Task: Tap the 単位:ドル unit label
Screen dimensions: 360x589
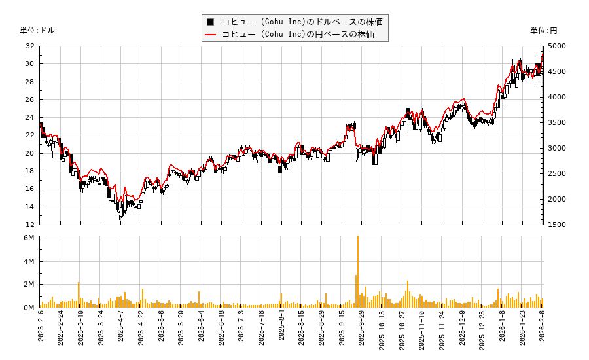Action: [37, 31]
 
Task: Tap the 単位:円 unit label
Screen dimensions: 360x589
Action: [543, 31]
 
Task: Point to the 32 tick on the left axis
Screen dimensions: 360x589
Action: [30, 46]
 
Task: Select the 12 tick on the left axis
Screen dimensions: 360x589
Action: [30, 225]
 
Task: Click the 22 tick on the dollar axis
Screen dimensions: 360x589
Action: [30, 135]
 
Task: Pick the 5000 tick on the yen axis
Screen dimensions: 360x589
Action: [558, 46]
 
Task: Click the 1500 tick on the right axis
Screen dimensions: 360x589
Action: [558, 225]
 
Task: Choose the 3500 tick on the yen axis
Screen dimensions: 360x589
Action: [558, 122]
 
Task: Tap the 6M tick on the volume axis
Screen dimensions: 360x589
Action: [29, 238]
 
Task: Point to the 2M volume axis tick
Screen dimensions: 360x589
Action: [29, 284]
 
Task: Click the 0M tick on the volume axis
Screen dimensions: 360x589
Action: [29, 308]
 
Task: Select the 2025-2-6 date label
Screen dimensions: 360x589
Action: [41, 334]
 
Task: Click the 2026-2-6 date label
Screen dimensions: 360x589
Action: [543, 334]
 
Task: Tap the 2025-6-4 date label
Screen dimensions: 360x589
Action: [201, 334]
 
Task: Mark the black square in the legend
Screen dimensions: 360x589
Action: [211, 22]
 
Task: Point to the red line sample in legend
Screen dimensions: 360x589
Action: [211, 34]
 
